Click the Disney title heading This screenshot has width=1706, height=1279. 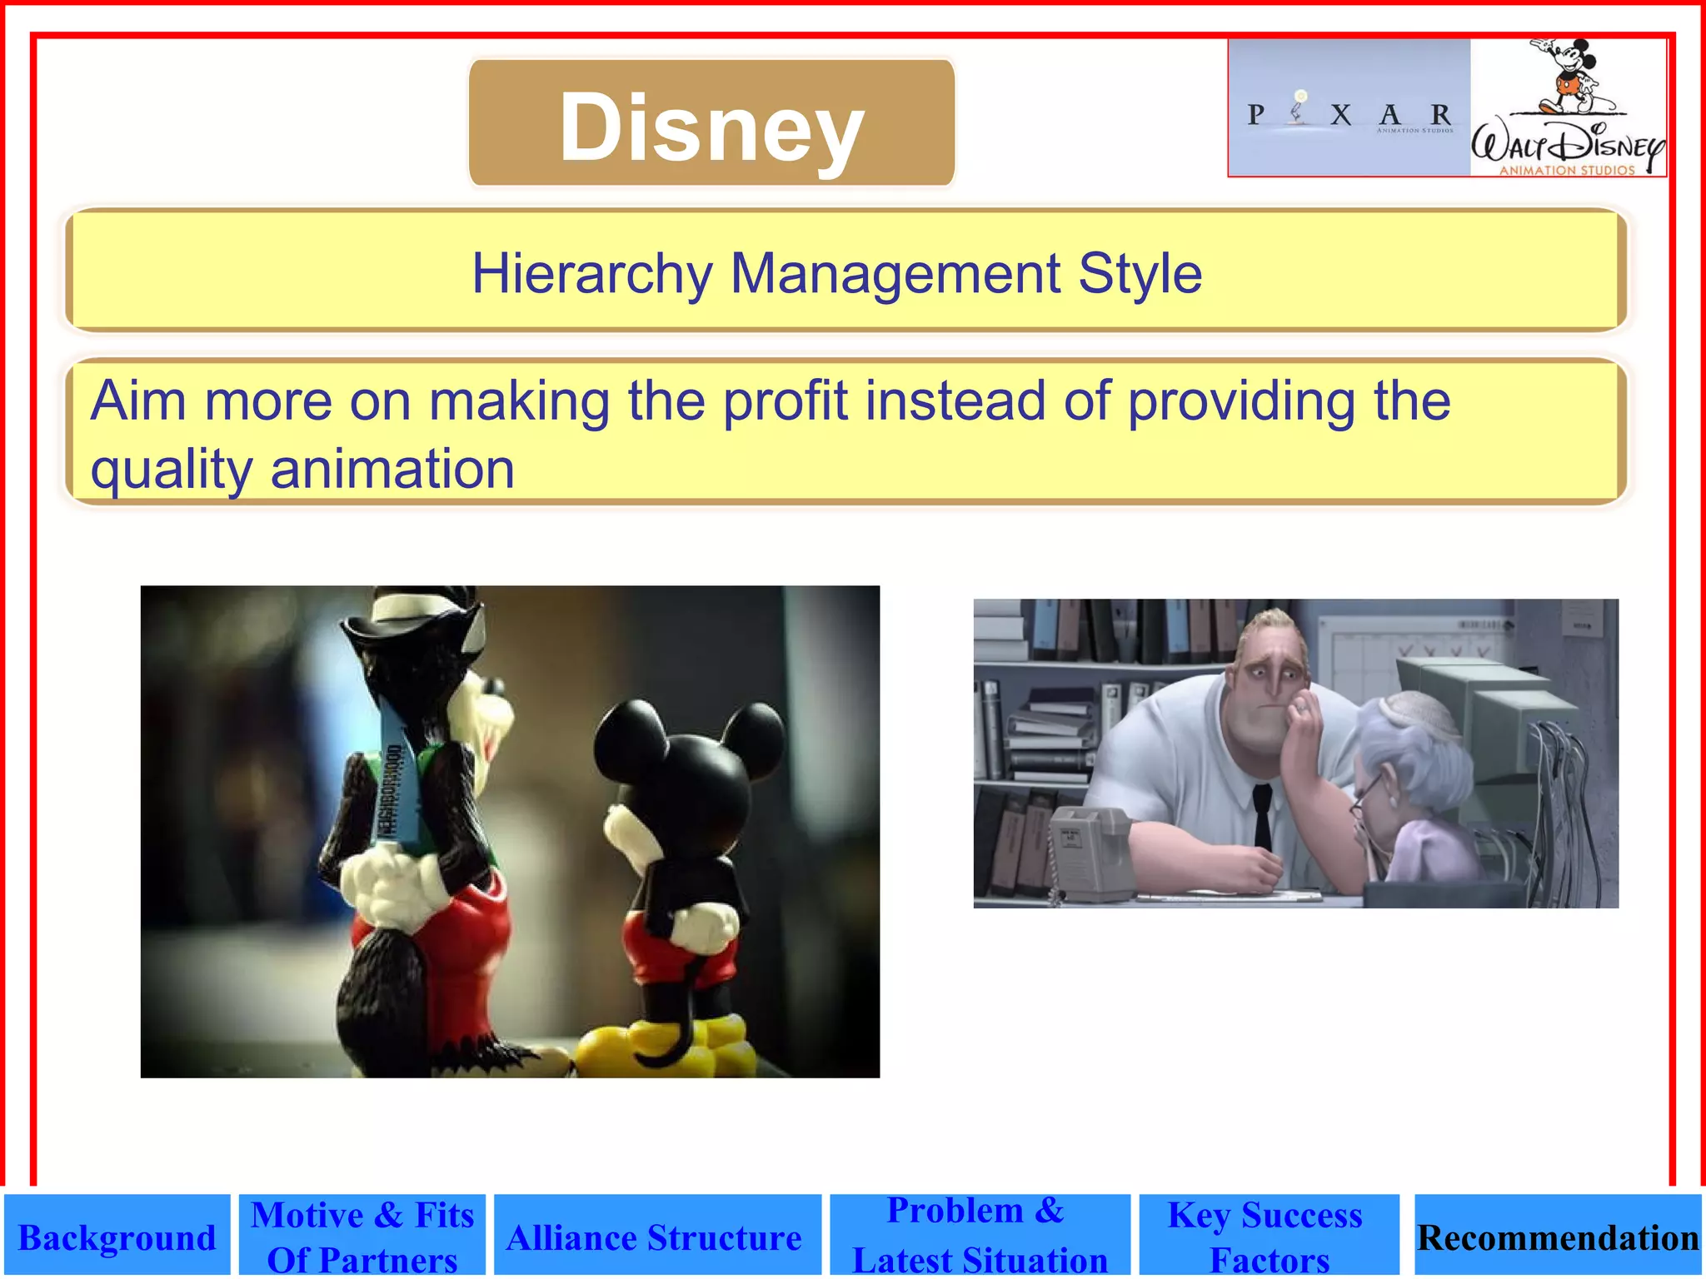pos(711,125)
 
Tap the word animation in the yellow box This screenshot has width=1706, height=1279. pos(392,469)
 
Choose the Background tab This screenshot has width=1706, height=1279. pos(117,1237)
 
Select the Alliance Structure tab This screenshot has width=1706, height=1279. pos(655,1237)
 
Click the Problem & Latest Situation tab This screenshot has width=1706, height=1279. pos(979,1236)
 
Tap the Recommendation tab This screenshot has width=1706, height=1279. pos(1558,1237)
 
